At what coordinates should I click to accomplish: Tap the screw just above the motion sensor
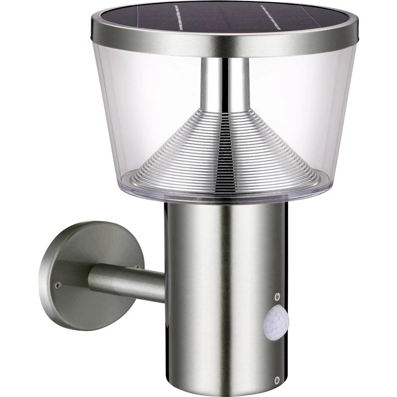pyautogui.click(x=277, y=296)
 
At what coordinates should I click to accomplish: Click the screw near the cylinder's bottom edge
pyautogui.click(x=277, y=380)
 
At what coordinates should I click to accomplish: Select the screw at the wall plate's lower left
pyautogui.click(x=58, y=285)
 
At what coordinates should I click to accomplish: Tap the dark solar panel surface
pyautogui.click(x=222, y=18)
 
